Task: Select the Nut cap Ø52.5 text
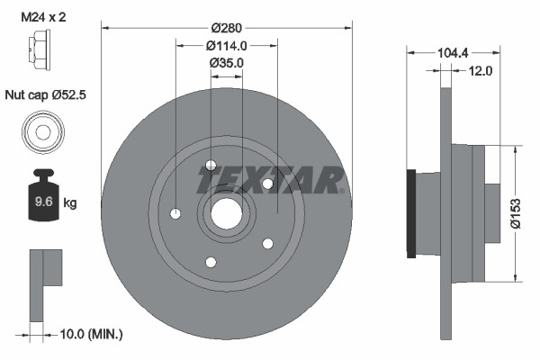(45, 93)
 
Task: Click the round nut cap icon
(42, 130)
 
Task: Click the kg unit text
(69, 203)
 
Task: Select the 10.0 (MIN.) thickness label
(90, 334)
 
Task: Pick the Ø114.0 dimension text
(226, 45)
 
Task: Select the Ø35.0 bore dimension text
(226, 63)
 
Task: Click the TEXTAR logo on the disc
(271, 180)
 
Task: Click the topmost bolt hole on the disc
(211, 165)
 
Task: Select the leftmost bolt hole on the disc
(175, 213)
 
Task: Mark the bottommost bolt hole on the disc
(211, 262)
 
